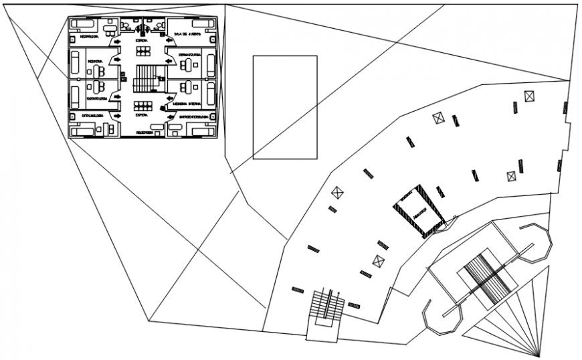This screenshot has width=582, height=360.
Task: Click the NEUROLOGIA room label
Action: pos(90,37)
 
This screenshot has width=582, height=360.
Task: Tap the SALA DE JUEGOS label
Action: pos(185,34)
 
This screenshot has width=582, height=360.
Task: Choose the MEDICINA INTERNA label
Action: pos(187,104)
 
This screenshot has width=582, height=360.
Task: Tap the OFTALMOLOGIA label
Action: pos(92,115)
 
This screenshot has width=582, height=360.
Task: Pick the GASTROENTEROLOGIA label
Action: pos(192,118)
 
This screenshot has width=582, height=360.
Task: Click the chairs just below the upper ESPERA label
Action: pos(142,51)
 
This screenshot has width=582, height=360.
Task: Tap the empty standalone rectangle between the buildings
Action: pos(284,107)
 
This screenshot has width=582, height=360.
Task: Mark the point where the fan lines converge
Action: pos(539,354)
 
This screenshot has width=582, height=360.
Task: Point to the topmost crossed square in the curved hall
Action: pos(530,96)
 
